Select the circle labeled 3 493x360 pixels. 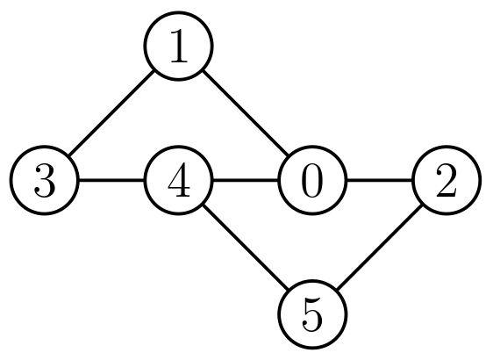[x=45, y=182]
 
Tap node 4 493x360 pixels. [x=179, y=182]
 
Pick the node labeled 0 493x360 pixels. [x=313, y=182]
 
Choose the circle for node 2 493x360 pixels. [x=447, y=182]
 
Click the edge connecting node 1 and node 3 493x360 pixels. [x=111, y=115]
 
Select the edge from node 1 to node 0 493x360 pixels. [x=246, y=115]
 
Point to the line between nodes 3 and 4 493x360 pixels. [x=111, y=182]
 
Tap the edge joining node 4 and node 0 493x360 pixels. [x=246, y=182]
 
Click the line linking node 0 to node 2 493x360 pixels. [x=380, y=182]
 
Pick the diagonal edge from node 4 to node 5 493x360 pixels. [x=246, y=248]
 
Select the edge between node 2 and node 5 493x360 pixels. [x=380, y=248]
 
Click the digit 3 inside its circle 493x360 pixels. [x=45, y=182]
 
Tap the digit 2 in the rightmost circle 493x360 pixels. [x=447, y=182]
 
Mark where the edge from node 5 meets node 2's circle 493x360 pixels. [x=423, y=205]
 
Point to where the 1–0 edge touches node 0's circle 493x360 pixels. [x=289, y=158]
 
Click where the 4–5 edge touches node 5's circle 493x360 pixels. [x=289, y=292]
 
